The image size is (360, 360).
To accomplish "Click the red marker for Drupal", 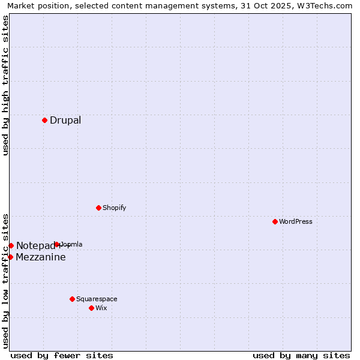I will tap(44, 120).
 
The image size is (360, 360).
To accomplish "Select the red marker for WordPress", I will tap(275, 221).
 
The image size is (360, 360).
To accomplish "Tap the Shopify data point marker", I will tap(98, 208).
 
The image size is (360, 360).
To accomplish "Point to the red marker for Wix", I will tap(91, 308).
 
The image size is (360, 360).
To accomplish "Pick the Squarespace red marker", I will tap(72, 299).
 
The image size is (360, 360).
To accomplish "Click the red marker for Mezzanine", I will tap(10, 257).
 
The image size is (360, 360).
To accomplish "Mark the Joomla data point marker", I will tap(56, 244).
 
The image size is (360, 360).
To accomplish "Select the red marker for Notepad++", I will tap(11, 245).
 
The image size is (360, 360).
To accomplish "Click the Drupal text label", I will tap(65, 120).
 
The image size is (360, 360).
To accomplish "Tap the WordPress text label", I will tap(296, 221).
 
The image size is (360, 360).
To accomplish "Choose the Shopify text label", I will tap(114, 208).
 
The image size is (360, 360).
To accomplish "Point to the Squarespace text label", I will tap(97, 299).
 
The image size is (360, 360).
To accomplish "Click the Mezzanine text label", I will tap(41, 257).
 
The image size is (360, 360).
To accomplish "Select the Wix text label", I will tap(101, 308).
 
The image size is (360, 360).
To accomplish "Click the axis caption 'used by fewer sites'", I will tap(62, 355).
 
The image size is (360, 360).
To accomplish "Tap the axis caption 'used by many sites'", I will tap(301, 355).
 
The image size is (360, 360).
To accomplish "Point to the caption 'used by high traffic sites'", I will tap(5, 85).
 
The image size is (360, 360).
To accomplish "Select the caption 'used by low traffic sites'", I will tap(5, 280).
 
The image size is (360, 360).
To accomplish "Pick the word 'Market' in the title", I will tap(21, 5).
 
